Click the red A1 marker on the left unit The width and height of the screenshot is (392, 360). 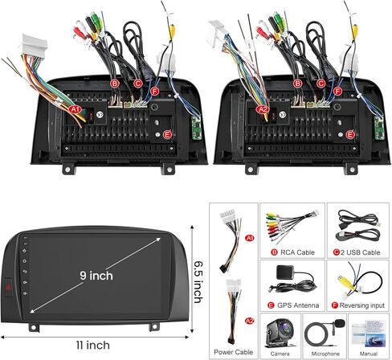[x=76, y=109]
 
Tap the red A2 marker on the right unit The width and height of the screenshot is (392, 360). [x=263, y=109]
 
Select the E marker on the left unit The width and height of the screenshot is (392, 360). [x=167, y=135]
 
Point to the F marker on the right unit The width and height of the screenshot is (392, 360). [x=337, y=92]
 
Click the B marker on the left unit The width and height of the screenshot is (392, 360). [x=114, y=84]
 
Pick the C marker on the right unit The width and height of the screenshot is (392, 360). [x=321, y=84]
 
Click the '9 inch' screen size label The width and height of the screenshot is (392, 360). [x=96, y=276]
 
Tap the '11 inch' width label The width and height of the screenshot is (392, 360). [x=93, y=345]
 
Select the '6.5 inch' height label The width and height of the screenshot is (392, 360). [x=198, y=282]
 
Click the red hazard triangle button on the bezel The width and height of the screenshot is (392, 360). [x=8, y=288]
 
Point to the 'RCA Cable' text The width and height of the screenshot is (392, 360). [x=297, y=252]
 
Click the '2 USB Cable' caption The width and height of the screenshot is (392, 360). [x=361, y=252]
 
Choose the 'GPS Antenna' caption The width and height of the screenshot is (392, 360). [x=298, y=305]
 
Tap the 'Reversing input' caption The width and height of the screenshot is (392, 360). [x=361, y=305]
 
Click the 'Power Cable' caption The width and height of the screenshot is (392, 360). [x=233, y=352]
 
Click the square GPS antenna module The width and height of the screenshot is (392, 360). [x=285, y=272]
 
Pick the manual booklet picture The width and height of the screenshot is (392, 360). [x=368, y=334]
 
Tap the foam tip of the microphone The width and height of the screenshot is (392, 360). [x=339, y=323]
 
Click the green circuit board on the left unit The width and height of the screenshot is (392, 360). [x=197, y=128]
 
